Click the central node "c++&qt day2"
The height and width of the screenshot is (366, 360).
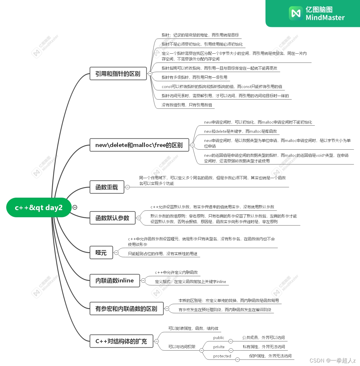39,207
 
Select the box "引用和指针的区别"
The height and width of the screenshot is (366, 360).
118,73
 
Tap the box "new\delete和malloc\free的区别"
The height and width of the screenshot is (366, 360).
139,145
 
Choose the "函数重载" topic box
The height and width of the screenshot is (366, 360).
107,187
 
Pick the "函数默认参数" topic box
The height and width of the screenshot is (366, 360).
112,218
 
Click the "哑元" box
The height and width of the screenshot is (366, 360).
101,253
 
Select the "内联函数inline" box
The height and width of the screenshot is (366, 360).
115,281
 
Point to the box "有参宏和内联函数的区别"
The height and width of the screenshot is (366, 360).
126,309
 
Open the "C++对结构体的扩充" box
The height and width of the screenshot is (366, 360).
121,341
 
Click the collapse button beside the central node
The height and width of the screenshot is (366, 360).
75,207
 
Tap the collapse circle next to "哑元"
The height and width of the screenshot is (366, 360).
116,253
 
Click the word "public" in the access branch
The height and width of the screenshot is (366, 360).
219,338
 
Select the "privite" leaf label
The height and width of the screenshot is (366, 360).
219,347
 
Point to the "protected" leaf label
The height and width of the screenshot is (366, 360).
222,356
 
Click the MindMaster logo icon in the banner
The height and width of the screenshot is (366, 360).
296,13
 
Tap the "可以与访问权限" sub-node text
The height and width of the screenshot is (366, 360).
182,347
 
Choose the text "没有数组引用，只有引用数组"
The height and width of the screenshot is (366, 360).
187,105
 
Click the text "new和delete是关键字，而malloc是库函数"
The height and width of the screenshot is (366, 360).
240,131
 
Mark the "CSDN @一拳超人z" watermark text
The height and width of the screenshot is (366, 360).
332,361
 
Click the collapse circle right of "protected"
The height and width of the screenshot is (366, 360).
237,360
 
